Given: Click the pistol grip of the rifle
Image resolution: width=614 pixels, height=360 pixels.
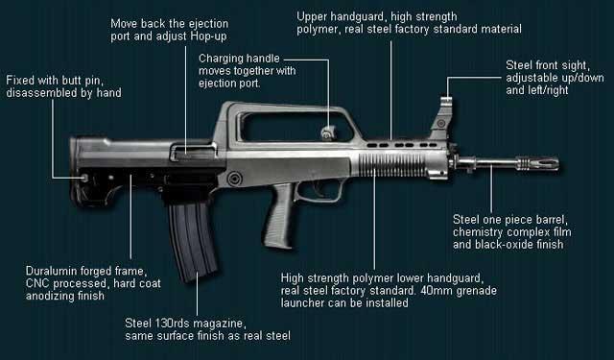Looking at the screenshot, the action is pos(279,215).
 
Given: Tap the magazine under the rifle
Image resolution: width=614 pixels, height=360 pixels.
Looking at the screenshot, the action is pos(192,239).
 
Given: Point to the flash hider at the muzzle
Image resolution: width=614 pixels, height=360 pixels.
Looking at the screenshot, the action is pos(538,163).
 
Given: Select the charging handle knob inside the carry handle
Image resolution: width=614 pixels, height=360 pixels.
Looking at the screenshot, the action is pos(328,133).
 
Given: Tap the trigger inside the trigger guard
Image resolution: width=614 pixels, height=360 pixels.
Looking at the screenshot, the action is pos(318,190).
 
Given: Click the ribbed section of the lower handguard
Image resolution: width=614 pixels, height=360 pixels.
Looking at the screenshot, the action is pos(391,165).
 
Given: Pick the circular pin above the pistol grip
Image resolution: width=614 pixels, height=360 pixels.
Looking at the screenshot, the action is pos(234,179).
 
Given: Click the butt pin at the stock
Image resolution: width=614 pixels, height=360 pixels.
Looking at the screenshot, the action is pos(84,178).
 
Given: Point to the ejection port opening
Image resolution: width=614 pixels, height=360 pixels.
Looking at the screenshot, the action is pos(193,152).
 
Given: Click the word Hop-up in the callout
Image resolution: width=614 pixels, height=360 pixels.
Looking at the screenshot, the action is pos(209,36).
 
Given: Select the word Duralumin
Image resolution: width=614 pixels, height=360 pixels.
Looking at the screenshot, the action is pos(50,271).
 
